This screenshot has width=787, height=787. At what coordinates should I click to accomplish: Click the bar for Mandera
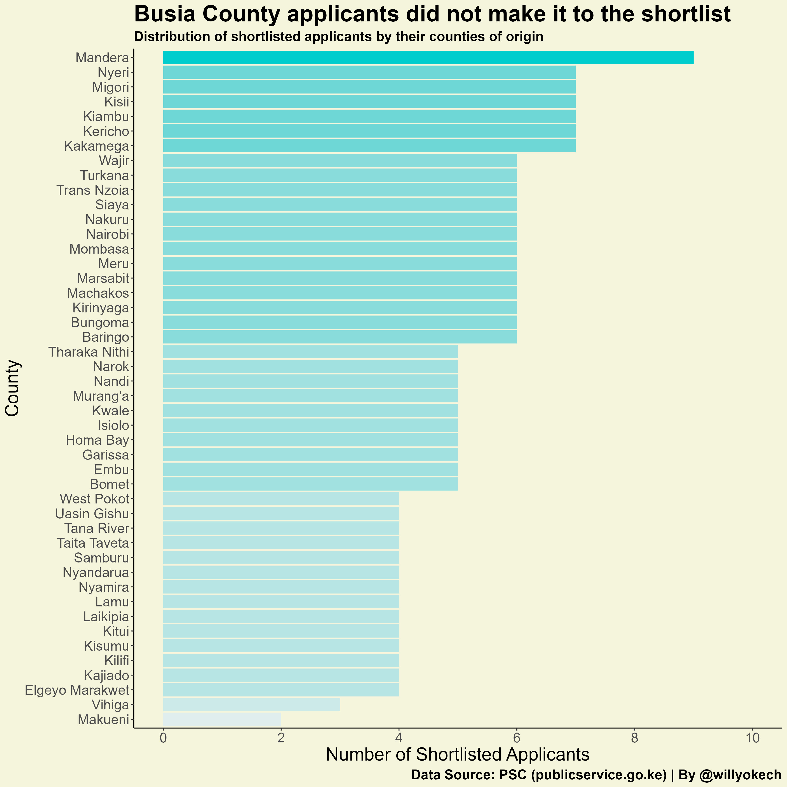pos(428,57)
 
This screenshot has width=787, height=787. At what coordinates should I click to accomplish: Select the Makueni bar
pos(222,720)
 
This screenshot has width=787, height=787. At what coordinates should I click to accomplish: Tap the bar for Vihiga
pos(251,705)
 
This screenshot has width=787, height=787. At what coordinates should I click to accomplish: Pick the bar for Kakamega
pos(369,146)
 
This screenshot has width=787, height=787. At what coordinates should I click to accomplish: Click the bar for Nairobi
pos(340,234)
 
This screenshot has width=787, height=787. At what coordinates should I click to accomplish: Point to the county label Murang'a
pos(101,396)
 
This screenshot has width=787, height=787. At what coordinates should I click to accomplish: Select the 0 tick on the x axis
pos(163,738)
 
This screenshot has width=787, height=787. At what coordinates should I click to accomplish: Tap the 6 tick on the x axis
pos(517,738)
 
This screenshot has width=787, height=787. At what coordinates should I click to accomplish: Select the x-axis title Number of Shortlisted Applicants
pos(458,755)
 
